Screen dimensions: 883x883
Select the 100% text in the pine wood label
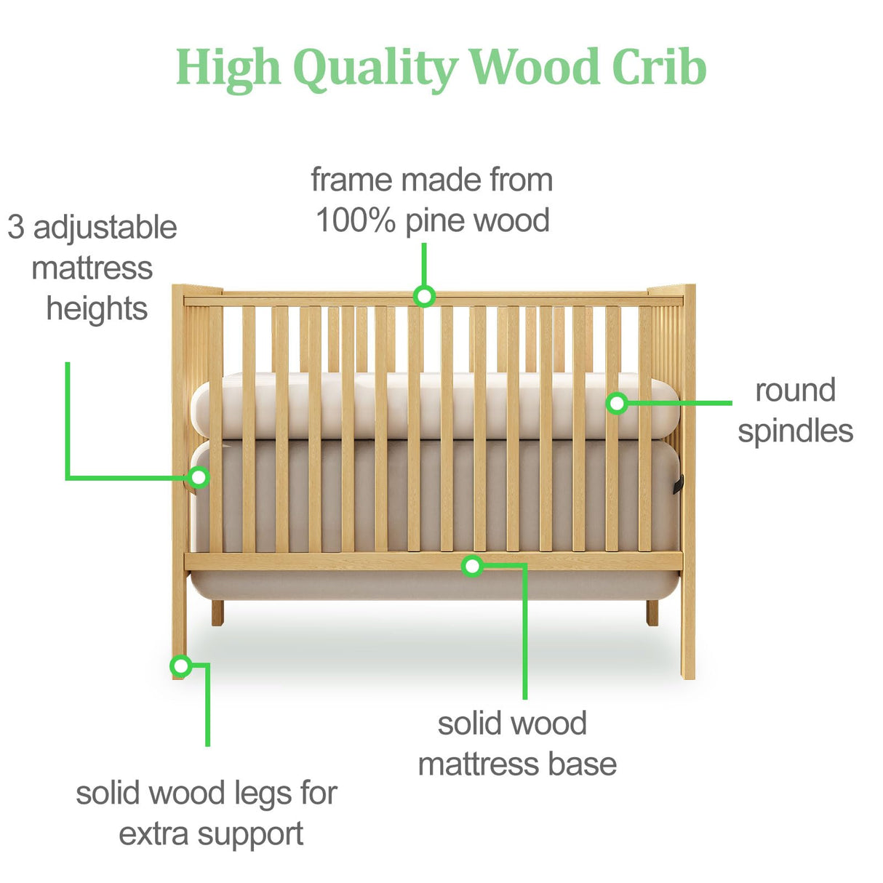pyautogui.click(x=355, y=220)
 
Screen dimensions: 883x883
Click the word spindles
pyautogui.click(x=795, y=431)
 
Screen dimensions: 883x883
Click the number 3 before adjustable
pyautogui.click(x=16, y=228)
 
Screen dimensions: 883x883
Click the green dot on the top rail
pyautogui.click(x=424, y=296)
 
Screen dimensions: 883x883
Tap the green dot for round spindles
pyautogui.click(x=617, y=402)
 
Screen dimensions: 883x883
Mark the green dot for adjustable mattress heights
pyautogui.click(x=198, y=477)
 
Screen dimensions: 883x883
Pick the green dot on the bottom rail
pyautogui.click(x=472, y=565)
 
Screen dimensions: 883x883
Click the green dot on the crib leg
pyautogui.click(x=180, y=666)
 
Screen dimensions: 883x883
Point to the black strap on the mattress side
pyautogui.click(x=679, y=484)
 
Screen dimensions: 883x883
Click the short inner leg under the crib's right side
pyautogui.click(x=652, y=612)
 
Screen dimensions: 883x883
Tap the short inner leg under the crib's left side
pyautogui.click(x=217, y=612)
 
